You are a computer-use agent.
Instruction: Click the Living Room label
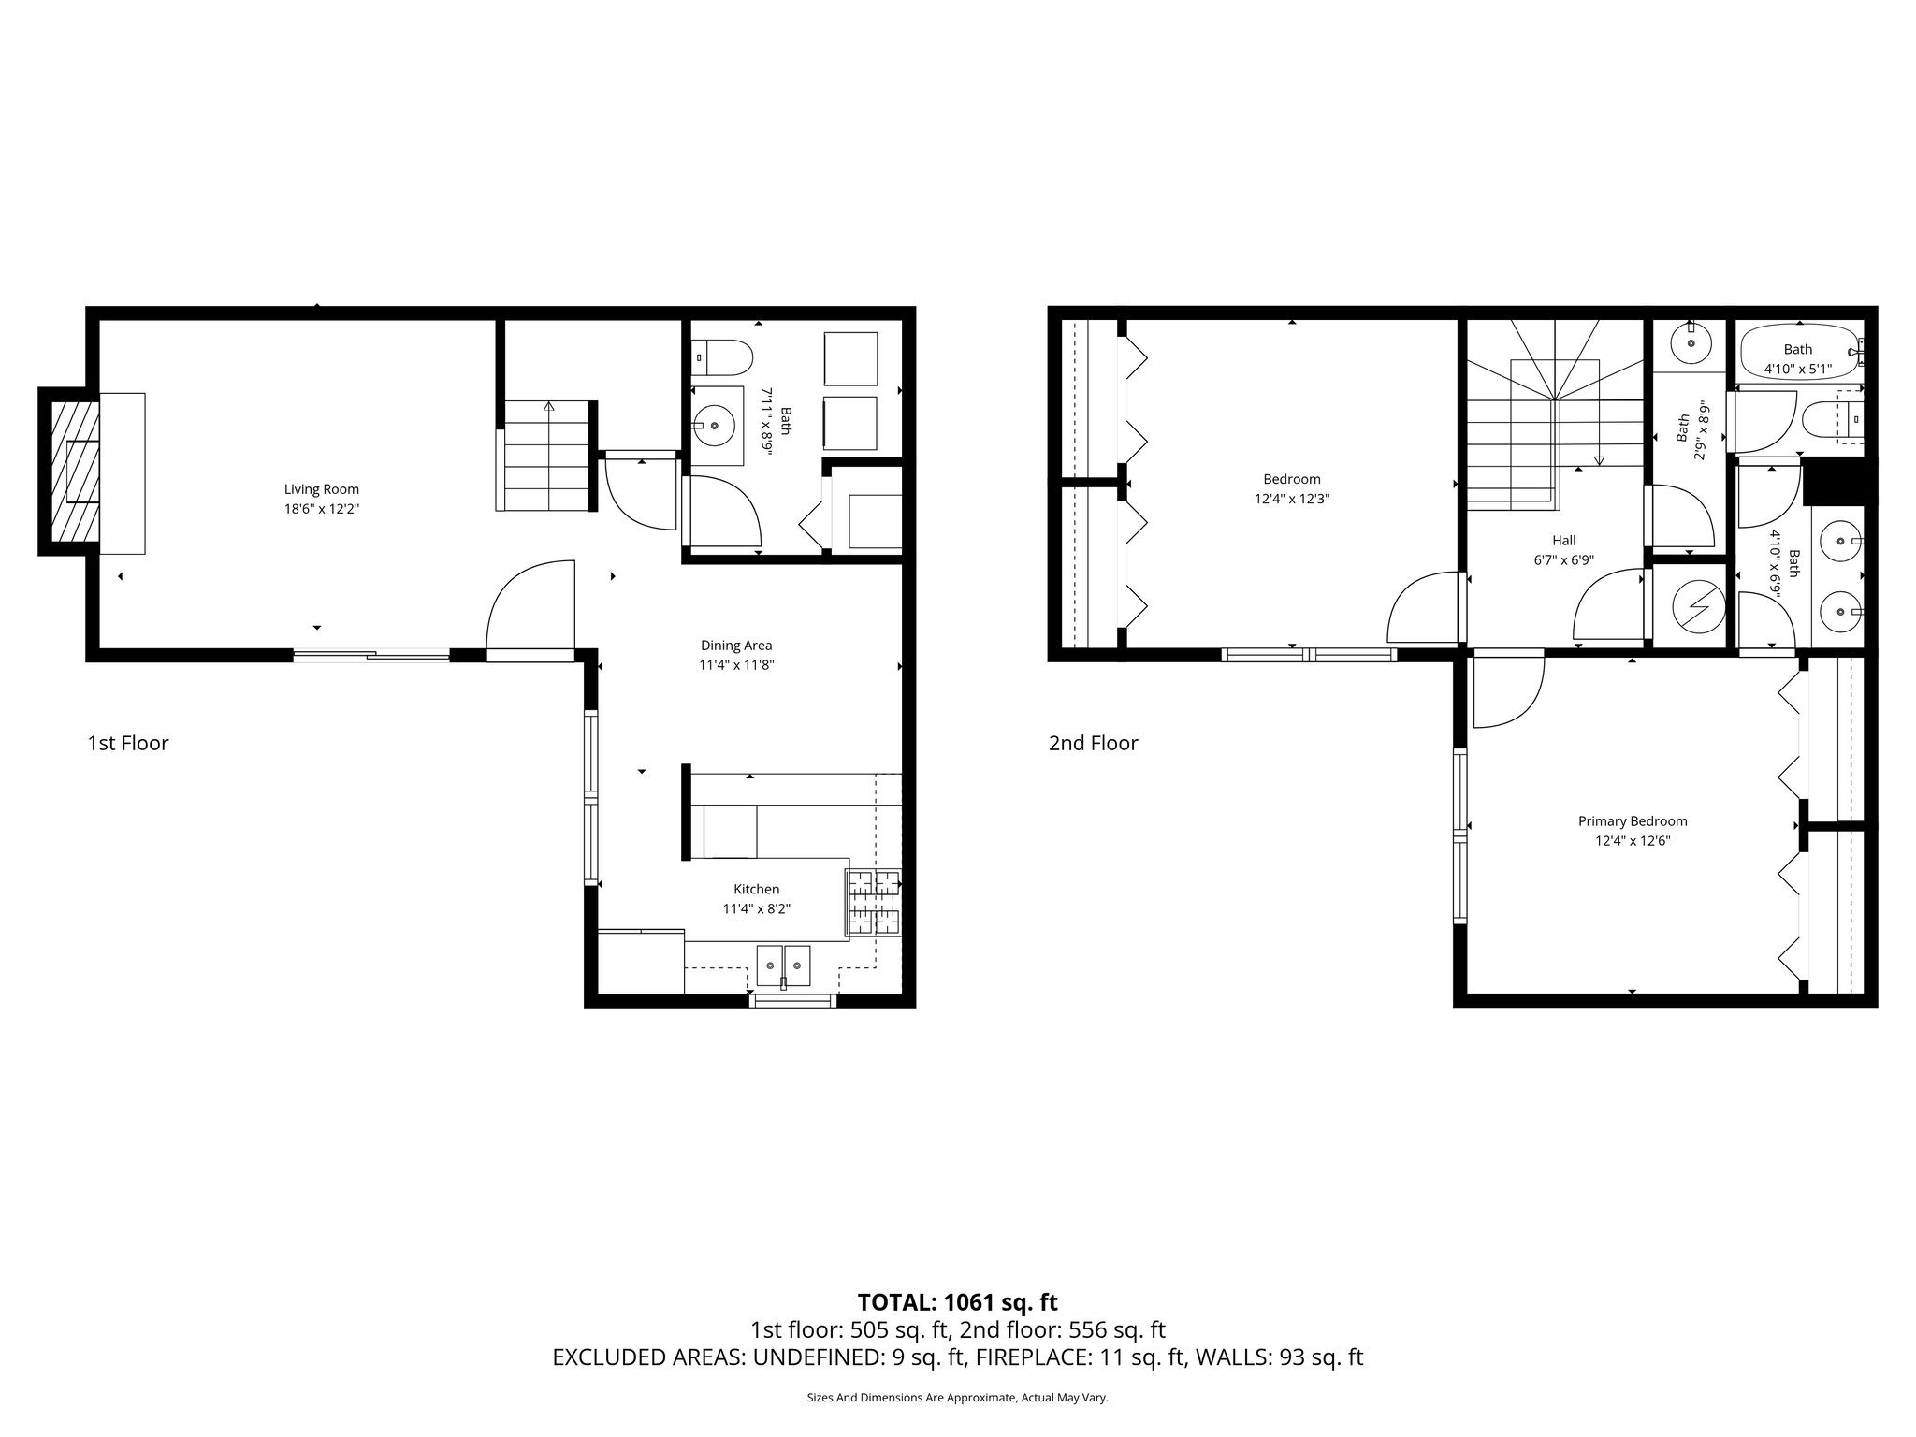(321, 489)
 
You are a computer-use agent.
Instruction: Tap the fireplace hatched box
(75, 472)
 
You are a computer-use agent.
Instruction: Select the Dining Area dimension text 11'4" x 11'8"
(736, 665)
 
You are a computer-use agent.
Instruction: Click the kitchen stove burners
(873, 903)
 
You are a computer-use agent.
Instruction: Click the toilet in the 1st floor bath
(725, 356)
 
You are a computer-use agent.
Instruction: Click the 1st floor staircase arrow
(548, 407)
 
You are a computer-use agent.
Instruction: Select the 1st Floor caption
(128, 744)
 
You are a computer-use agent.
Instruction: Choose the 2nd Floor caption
(1093, 744)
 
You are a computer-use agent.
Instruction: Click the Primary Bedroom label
(1633, 821)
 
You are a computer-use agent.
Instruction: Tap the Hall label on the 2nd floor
(1563, 540)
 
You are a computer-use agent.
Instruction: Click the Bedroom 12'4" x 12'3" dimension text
(1291, 500)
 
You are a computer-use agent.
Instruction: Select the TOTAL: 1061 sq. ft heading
(957, 1301)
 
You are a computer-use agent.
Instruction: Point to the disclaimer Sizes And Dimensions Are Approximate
(957, 1398)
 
